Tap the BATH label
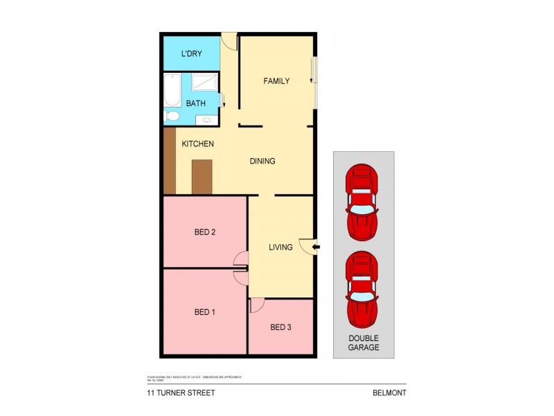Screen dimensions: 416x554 point(196,103)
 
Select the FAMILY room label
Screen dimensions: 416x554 point(276,81)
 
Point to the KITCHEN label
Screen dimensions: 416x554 point(197,144)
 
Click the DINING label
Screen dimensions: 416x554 point(262,162)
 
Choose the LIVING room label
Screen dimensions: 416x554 point(280,247)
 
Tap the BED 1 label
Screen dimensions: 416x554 point(204,313)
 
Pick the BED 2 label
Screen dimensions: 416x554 point(205,233)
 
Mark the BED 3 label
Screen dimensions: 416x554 point(280,327)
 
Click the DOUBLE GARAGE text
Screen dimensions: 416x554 point(364,343)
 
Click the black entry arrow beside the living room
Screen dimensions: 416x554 point(316,246)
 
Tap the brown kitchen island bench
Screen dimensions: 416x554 point(202,177)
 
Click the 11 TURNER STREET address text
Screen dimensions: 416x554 point(180,392)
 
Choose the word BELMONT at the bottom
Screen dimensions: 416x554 point(388,392)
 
